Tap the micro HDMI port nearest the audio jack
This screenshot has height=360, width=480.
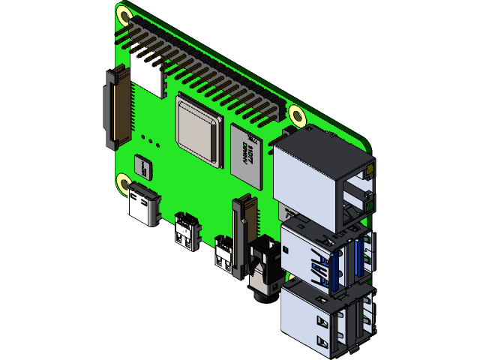pos(223,250)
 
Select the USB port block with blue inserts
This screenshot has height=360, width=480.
pos(326,255)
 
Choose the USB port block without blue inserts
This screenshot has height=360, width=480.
pos(326,315)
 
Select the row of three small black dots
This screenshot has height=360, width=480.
pos(151,140)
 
